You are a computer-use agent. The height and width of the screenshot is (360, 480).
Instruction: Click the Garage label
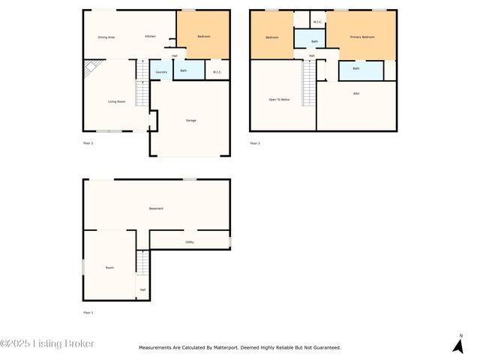[x=191, y=120]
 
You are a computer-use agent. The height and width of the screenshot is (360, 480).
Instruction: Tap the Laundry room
[x=160, y=72]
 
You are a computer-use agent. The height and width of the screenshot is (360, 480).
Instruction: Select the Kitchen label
[x=150, y=37]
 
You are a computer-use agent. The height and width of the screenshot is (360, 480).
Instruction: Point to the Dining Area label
[x=106, y=37]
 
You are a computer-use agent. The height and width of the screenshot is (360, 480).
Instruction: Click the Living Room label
[x=116, y=101]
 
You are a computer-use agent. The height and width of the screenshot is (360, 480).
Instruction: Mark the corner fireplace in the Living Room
[x=91, y=69]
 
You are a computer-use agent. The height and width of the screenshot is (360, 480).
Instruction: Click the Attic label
[x=356, y=94]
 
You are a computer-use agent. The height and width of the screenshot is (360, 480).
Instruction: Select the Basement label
[x=156, y=208]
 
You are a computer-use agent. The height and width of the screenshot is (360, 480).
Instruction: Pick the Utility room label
[x=190, y=241]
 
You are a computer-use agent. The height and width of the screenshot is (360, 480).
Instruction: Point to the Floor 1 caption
[x=88, y=312]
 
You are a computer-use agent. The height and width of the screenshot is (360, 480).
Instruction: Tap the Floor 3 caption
[x=255, y=142]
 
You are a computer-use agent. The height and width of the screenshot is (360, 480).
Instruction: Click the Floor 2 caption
[x=88, y=142]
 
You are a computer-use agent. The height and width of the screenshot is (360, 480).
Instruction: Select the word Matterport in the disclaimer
[x=245, y=347]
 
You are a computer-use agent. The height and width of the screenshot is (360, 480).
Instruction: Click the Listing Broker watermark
[x=47, y=343]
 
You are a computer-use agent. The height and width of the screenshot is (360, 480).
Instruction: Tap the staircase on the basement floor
[x=142, y=262]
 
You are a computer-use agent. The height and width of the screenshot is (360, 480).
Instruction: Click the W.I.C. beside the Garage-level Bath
[x=217, y=72]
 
